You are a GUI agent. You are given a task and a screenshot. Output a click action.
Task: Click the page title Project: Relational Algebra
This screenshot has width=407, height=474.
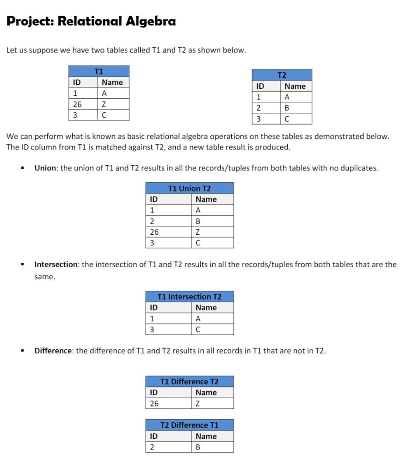point(91,21)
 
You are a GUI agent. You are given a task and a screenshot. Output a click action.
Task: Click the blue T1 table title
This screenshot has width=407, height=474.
point(99,71)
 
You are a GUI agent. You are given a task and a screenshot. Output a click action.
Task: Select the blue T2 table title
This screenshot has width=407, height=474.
point(282,75)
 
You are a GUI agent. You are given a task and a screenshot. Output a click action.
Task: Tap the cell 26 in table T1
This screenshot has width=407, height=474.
point(77,104)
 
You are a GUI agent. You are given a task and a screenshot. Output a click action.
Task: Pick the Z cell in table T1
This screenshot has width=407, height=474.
point(105,104)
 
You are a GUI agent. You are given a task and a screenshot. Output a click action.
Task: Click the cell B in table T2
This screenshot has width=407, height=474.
point(287,108)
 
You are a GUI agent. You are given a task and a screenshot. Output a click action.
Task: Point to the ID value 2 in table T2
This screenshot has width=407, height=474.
point(259,108)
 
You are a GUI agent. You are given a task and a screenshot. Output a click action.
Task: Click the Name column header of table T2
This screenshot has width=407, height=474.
point(295,86)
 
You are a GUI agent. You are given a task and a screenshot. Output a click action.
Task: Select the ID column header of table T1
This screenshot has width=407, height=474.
point(77,82)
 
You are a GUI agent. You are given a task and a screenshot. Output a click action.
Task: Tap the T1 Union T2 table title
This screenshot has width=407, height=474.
point(190,188)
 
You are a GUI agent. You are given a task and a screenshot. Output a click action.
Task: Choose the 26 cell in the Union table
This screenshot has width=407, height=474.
point(154,232)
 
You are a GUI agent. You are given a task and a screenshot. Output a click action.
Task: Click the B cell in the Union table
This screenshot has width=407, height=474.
point(198,221)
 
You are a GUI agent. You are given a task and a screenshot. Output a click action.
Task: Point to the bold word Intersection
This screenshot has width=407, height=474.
point(56,264)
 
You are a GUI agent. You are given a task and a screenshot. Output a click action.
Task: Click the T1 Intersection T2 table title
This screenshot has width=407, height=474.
point(190,297)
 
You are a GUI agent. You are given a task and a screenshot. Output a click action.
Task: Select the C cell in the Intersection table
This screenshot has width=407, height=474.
point(198,330)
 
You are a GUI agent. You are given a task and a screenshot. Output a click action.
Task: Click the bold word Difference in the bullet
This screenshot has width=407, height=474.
point(53,350)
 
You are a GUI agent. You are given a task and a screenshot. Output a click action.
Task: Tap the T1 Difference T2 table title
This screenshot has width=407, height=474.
point(190,381)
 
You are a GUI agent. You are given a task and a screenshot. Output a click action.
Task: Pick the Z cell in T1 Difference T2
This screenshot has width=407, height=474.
point(198,404)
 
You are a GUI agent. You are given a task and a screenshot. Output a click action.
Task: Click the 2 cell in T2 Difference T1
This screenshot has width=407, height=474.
point(152,447)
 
